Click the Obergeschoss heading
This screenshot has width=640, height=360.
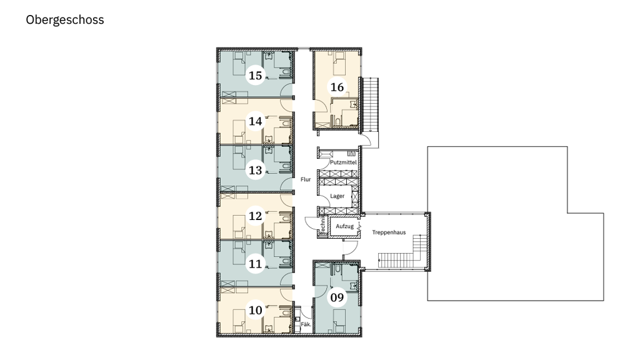click(x=65, y=19)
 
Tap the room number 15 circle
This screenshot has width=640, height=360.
click(x=256, y=76)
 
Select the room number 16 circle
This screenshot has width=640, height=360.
click(x=337, y=87)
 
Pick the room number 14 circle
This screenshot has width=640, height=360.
click(x=256, y=121)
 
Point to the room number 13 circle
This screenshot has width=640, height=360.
click(x=256, y=170)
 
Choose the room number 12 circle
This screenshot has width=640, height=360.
click(x=256, y=216)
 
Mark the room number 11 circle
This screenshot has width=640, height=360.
click(x=256, y=264)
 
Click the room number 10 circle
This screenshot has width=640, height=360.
click(x=256, y=310)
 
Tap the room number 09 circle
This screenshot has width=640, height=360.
click(x=337, y=297)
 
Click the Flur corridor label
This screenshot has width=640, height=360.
click(x=306, y=179)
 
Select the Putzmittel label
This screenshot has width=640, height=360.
click(x=343, y=162)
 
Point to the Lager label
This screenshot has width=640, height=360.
click(x=337, y=196)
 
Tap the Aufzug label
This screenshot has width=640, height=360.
click(x=344, y=226)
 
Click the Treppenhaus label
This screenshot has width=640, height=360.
click(x=389, y=232)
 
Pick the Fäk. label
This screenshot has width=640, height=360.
click(x=306, y=324)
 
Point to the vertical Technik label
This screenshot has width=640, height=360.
click(x=322, y=226)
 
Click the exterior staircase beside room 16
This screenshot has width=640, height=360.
click(x=371, y=105)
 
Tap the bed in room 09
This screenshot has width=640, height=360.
click(x=339, y=321)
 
